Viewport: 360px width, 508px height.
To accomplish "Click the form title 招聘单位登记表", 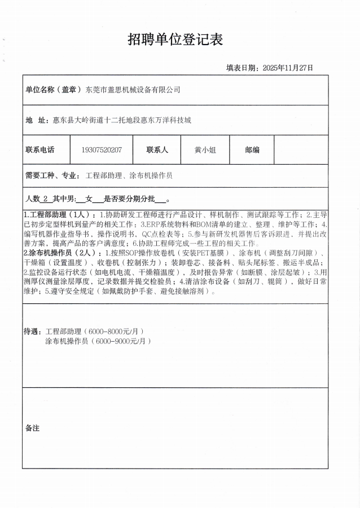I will [x=175, y=39].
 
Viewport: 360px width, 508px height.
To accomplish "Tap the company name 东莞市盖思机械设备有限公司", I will [x=133, y=90].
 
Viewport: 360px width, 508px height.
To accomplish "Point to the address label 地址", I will [x=37, y=120].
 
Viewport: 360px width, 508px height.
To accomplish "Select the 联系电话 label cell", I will [x=40, y=150].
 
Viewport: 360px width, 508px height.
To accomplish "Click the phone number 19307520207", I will [x=102, y=150].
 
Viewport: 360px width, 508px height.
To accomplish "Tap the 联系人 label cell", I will [x=157, y=150].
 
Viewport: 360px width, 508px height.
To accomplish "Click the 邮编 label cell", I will [x=252, y=150].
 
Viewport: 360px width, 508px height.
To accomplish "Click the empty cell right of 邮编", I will [x=300, y=150].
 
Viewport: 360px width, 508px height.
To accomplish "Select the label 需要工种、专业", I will [x=52, y=175].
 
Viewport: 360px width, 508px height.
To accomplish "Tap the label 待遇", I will [x=33, y=332].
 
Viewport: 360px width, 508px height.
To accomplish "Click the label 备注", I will [x=33, y=428].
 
